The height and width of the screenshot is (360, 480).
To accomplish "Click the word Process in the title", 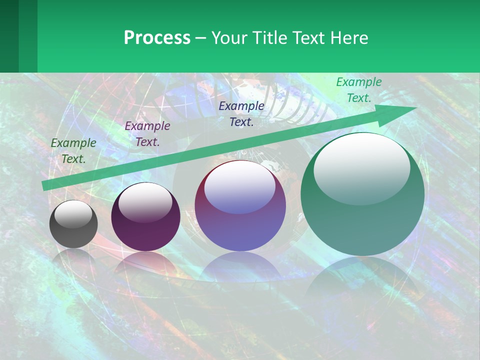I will [x=157, y=38].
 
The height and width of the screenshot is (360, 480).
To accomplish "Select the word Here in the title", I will [x=349, y=38].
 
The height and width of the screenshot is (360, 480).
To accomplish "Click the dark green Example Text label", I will [x=73, y=150].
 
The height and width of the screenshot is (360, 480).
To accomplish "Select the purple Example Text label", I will [x=147, y=133].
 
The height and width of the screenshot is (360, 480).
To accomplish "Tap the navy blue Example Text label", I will [x=241, y=113].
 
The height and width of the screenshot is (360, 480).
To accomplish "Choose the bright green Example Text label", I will [x=358, y=89].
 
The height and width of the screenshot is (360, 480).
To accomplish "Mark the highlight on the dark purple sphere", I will [x=145, y=202].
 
